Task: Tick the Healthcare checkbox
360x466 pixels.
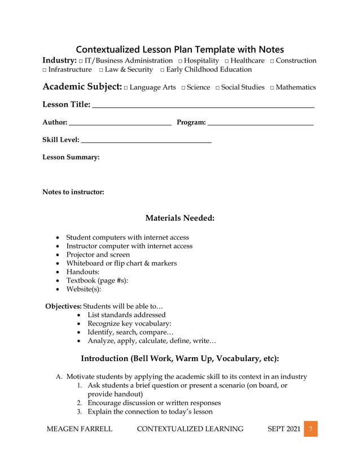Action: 226,61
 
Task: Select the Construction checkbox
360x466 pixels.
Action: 272,61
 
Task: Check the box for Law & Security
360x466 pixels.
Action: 100,70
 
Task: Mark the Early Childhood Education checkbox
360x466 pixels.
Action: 162,70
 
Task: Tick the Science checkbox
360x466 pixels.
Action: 183,87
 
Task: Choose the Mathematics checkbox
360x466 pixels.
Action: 272,87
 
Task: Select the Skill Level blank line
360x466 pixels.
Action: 147,140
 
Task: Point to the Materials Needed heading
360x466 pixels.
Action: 180,218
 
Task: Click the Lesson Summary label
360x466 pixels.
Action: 71,157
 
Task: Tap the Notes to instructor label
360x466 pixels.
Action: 73,192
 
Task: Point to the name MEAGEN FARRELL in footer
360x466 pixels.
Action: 79,429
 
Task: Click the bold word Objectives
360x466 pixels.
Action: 63,306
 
